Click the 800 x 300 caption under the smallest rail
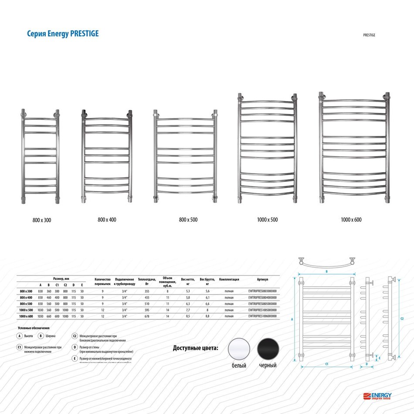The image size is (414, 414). point(42,221)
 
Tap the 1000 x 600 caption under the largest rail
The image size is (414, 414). point(351,220)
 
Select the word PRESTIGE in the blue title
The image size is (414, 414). point(84,34)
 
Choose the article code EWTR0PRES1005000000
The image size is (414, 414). point(262,309)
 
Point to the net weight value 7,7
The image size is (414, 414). point(187,309)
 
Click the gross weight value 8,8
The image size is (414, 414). point(207,316)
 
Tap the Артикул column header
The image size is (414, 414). point(262,279)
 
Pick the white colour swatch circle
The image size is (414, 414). point(239,349)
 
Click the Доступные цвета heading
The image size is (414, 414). point(195,349)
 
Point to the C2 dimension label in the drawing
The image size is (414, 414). point(401,319)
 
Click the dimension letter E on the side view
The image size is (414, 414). point(380,358)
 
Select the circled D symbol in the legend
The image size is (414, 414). point(75,348)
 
